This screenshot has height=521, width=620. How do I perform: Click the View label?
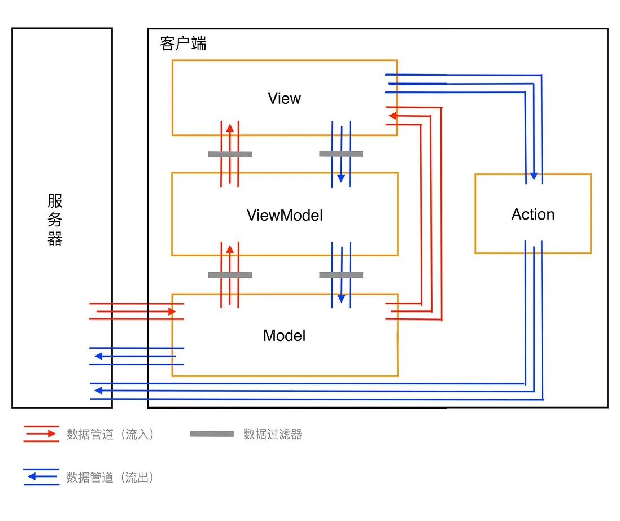[284, 99]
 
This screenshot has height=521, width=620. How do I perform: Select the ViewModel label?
[285, 215]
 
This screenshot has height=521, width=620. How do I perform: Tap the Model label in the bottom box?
[284, 336]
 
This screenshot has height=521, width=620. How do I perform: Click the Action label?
[532, 214]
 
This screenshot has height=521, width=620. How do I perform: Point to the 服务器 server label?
[55, 220]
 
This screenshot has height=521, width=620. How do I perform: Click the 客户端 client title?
[183, 44]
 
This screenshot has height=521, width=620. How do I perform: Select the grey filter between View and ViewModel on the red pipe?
[230, 154]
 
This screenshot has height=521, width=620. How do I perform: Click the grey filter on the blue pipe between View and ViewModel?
[340, 154]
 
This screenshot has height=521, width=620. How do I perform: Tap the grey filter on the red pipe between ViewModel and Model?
[230, 275]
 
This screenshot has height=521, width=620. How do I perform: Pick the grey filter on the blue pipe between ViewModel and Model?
[340, 275]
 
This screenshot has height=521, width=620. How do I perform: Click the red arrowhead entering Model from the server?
[172, 312]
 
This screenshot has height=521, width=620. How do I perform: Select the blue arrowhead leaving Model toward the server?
[98, 356]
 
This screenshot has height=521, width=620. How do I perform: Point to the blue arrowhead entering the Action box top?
[534, 177]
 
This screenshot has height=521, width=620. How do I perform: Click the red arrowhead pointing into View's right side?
[391, 116]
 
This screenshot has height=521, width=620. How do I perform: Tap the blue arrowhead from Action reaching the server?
[98, 391]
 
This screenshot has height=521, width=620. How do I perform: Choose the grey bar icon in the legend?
[212, 434]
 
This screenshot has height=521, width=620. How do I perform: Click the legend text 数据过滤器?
[273, 434]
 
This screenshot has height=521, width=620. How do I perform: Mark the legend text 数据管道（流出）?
[110, 478]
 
